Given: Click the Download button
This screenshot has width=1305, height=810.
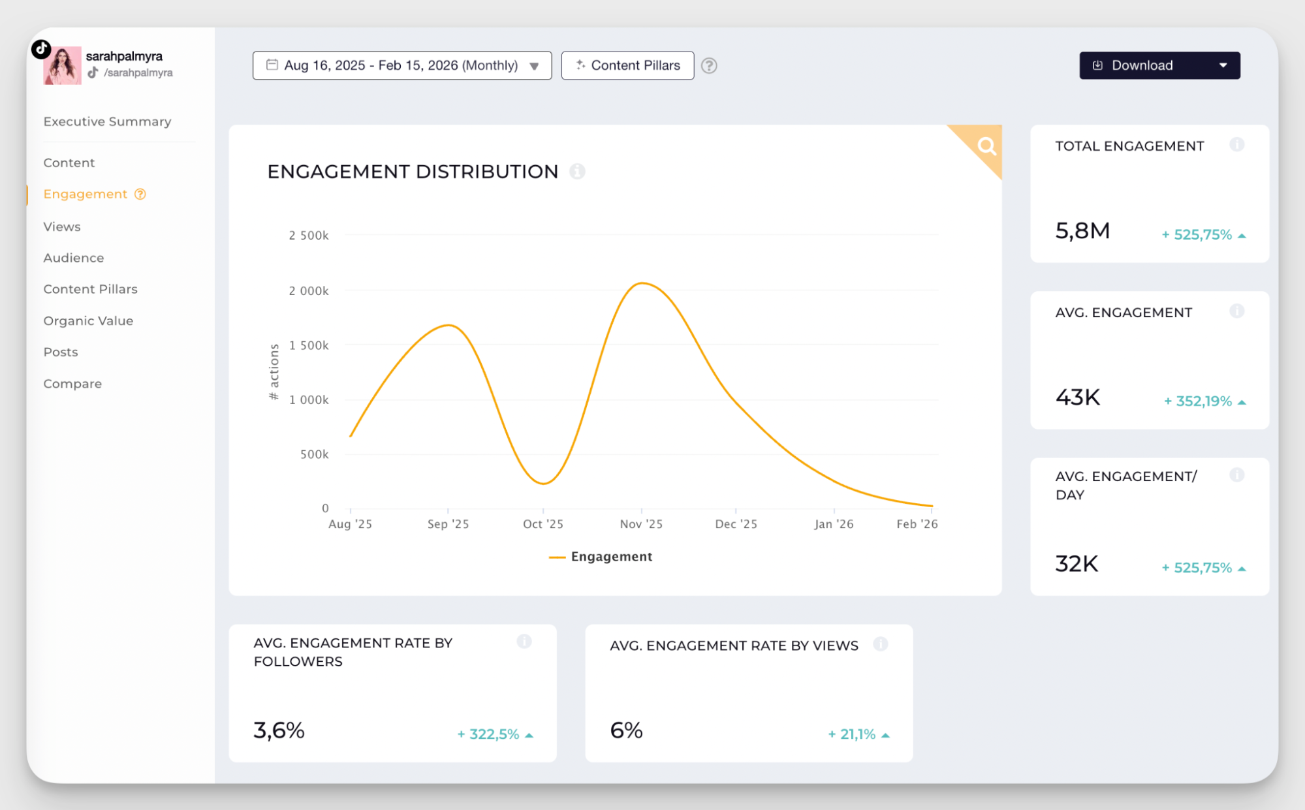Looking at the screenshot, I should (1159, 65).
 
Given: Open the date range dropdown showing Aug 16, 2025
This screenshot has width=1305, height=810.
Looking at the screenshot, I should (401, 65).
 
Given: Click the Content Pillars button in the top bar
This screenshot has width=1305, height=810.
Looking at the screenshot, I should (627, 65).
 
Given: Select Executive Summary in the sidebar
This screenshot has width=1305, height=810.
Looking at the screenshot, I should (107, 121).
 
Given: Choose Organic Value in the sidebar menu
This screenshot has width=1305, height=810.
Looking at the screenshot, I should (88, 320).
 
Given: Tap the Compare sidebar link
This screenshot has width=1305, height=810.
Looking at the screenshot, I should (72, 384).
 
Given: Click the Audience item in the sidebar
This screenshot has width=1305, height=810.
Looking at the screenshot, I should (74, 258).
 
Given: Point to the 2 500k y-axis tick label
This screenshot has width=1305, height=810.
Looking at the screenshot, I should (309, 235).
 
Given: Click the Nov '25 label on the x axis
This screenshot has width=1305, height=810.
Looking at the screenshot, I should (641, 524).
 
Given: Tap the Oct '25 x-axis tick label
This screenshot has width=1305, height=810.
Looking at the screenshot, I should (542, 524).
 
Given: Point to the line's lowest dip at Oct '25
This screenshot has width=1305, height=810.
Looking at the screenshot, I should (544, 484).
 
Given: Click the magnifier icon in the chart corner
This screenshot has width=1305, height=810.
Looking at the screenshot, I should (986, 146).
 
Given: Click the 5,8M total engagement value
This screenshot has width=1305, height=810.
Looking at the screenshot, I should (1082, 231).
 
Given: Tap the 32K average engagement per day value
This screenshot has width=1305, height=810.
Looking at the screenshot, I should (1077, 564).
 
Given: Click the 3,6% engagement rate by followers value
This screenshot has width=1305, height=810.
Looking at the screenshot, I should (279, 730).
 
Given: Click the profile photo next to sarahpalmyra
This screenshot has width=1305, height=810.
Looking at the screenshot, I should (63, 65).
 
